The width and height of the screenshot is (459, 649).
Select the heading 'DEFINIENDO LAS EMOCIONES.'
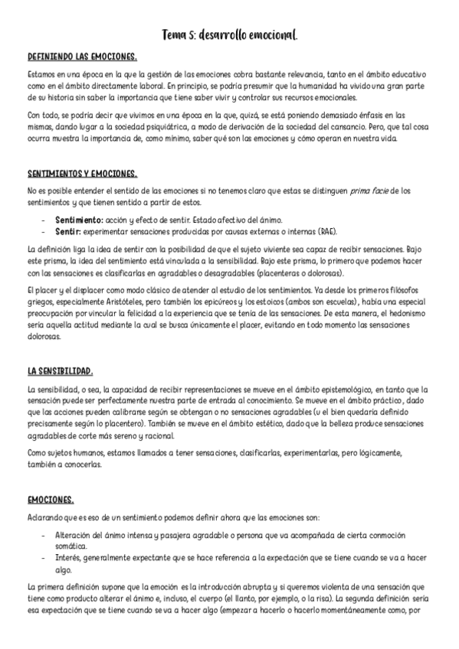pos(82,57)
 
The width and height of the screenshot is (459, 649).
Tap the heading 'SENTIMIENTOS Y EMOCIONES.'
pos(82,174)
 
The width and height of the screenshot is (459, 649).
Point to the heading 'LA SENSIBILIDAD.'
pos(60,371)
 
